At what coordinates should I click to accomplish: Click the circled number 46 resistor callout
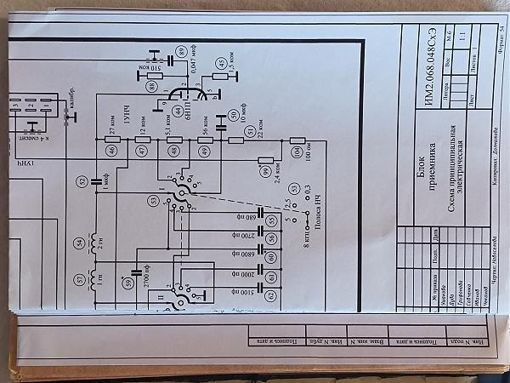pyautogui.click(x=111, y=150)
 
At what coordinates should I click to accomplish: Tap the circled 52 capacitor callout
pyautogui.click(x=82, y=181)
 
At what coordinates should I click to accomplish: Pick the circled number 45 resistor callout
pyautogui.click(x=221, y=63)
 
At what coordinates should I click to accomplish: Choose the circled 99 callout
pyautogui.click(x=266, y=172)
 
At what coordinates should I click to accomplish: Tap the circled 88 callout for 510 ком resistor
pyautogui.click(x=151, y=87)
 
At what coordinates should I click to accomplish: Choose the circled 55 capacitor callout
pyautogui.click(x=272, y=220)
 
